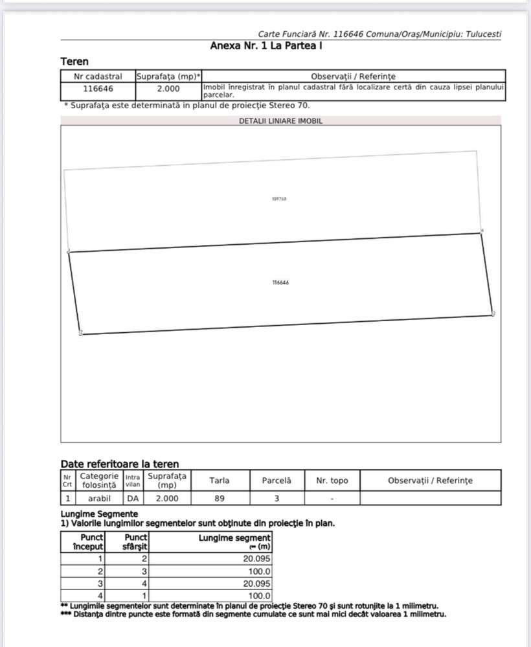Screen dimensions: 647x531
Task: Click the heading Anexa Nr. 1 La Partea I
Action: pyautogui.click(x=266, y=46)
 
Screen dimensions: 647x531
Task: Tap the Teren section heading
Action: pyautogui.click(x=74, y=62)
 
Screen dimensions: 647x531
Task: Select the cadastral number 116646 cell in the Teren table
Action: pyautogui.click(x=98, y=89)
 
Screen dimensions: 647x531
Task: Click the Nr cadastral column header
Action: pyautogui.click(x=98, y=76)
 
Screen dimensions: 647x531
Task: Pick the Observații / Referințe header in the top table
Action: pyautogui.click(x=353, y=76)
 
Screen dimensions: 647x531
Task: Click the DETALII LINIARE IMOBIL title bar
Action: pyautogui.click(x=280, y=120)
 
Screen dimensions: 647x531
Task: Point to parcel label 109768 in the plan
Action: pyautogui.click(x=279, y=199)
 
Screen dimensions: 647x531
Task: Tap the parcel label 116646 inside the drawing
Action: pyautogui.click(x=280, y=282)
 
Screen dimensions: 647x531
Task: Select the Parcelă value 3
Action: pyautogui.click(x=277, y=498)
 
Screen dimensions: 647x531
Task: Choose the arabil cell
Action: pyautogui.click(x=98, y=498)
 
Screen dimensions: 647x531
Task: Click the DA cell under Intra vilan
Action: pyautogui.click(x=132, y=498)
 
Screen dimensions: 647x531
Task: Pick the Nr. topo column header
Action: pyautogui.click(x=332, y=481)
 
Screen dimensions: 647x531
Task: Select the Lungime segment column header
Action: pyautogui.click(x=234, y=542)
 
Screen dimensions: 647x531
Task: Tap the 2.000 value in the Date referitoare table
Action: pyautogui.click(x=167, y=498)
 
